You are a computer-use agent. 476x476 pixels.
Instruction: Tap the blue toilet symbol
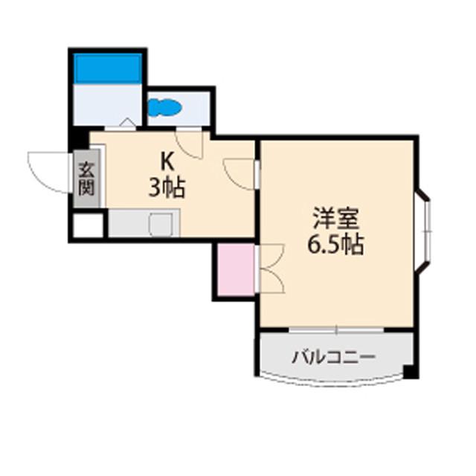[x=165, y=109]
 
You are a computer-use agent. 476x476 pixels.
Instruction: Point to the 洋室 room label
[x=336, y=219]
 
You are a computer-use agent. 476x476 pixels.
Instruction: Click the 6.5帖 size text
[x=336, y=245]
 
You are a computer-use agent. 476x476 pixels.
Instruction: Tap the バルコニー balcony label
[x=333, y=356]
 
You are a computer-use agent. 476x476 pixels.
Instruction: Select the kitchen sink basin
[x=163, y=224]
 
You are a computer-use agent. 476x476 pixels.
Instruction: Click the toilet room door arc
[x=190, y=143]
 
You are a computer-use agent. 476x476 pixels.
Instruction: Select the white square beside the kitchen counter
[x=87, y=225]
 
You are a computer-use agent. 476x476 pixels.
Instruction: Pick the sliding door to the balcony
[x=336, y=329]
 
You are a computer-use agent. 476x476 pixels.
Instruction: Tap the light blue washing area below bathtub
[x=108, y=104]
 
